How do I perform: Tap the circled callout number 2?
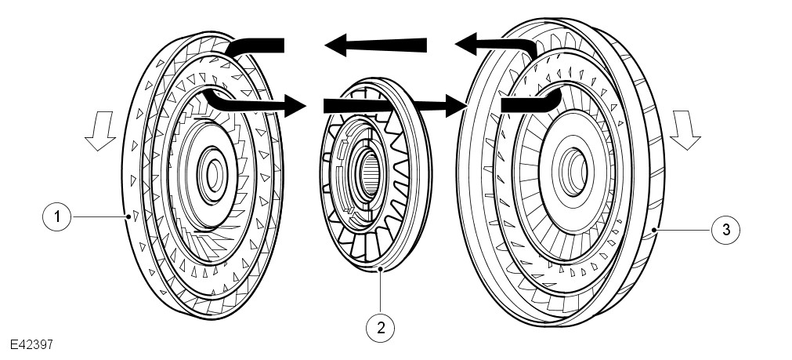(381, 326)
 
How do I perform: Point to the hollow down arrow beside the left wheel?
(101, 129)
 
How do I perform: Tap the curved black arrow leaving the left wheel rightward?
(251, 102)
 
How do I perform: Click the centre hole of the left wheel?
(212, 167)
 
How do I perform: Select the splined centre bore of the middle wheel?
(368, 169)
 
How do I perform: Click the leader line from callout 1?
(97, 216)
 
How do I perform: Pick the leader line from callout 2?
(381, 290)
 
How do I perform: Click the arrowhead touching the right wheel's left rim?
(457, 104)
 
